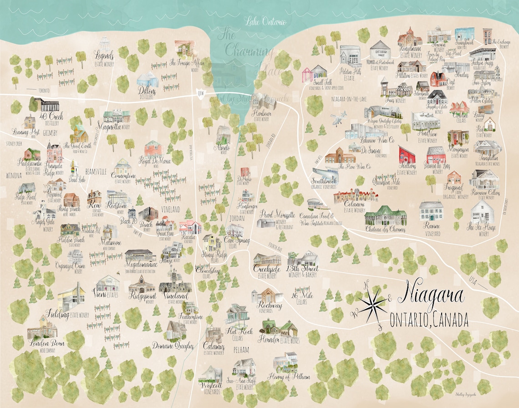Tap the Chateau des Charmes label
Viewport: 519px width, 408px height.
(x=385, y=229)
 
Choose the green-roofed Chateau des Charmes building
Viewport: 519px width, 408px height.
(x=385, y=215)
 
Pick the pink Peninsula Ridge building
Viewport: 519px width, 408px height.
(x=53, y=152)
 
